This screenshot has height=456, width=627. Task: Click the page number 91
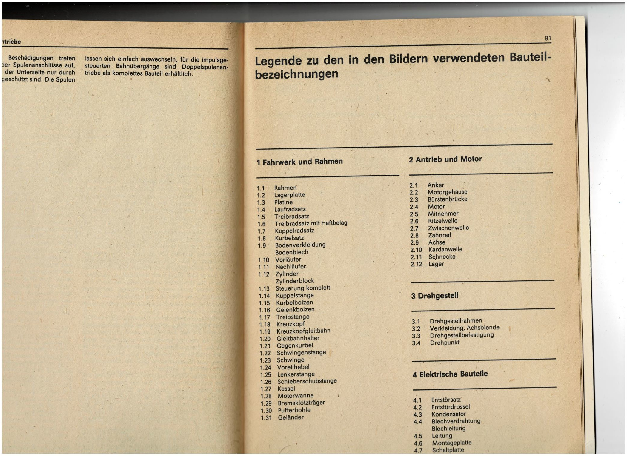pos(548,38)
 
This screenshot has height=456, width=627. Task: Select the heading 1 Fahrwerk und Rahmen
pos(299,162)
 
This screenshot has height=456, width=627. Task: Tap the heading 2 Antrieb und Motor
pos(445,159)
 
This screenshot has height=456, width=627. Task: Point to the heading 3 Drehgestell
pos(434,296)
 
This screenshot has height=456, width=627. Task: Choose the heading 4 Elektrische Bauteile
pos(450,374)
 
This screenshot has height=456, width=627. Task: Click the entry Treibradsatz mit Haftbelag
pos(311,223)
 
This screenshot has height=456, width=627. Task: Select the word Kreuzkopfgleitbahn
pos(303,331)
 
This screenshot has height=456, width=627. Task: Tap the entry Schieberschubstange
pos(307,381)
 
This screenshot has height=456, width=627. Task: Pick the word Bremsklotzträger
pos(301,403)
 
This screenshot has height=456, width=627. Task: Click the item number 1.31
pos(266,418)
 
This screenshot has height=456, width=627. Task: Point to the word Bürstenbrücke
pos(447,199)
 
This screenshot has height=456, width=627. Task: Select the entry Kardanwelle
pos(445,249)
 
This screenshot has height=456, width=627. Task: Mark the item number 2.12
pos(416,264)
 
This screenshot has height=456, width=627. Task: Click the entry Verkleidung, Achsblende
pos(464,328)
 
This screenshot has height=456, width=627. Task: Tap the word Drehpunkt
pos(444,343)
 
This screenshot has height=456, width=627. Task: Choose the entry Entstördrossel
pos(450,407)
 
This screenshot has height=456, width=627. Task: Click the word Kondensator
pos(448,414)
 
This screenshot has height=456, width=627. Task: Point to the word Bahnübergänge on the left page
pos(138,66)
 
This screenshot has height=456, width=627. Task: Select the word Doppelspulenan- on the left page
pos(205,67)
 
